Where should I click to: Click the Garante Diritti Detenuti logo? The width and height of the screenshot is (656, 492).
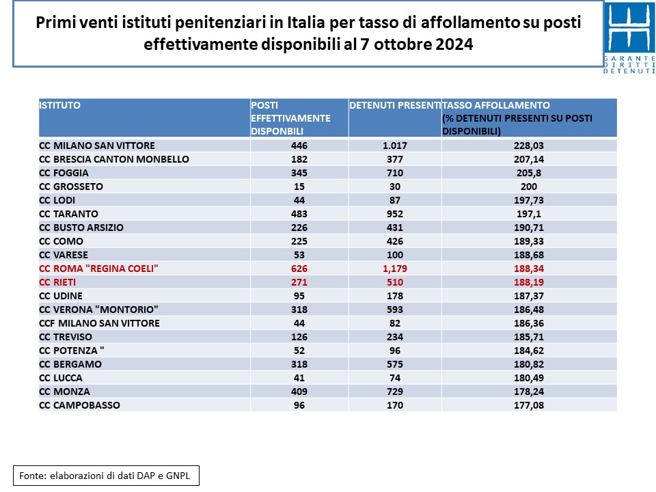click(x=629, y=38)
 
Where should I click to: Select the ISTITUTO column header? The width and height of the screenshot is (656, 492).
click(x=60, y=105)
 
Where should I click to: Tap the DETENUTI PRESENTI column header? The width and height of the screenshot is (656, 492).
click(x=394, y=105)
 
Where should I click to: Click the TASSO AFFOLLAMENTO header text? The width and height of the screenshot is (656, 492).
click(x=496, y=105)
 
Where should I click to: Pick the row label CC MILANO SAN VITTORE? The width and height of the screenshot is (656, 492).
click(x=97, y=146)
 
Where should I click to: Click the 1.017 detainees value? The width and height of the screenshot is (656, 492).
click(x=395, y=146)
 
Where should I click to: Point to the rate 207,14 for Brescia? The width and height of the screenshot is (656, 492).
click(x=529, y=159)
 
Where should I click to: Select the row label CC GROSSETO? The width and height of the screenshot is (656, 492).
click(x=71, y=187)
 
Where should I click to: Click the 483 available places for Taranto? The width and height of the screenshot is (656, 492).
click(x=299, y=214)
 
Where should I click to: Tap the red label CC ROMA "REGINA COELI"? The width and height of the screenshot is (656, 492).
click(x=98, y=269)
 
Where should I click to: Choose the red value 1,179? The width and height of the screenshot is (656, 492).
click(x=395, y=269)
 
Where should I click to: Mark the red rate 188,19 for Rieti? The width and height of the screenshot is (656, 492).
click(x=529, y=282)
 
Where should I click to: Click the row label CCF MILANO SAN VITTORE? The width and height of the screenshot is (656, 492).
click(x=100, y=323)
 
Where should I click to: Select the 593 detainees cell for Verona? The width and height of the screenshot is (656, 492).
click(x=395, y=310)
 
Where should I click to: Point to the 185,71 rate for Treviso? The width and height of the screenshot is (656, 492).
click(x=529, y=337)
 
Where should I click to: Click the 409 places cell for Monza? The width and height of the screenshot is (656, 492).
click(x=299, y=392)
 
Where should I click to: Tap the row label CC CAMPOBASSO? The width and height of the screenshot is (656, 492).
click(x=79, y=405)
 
